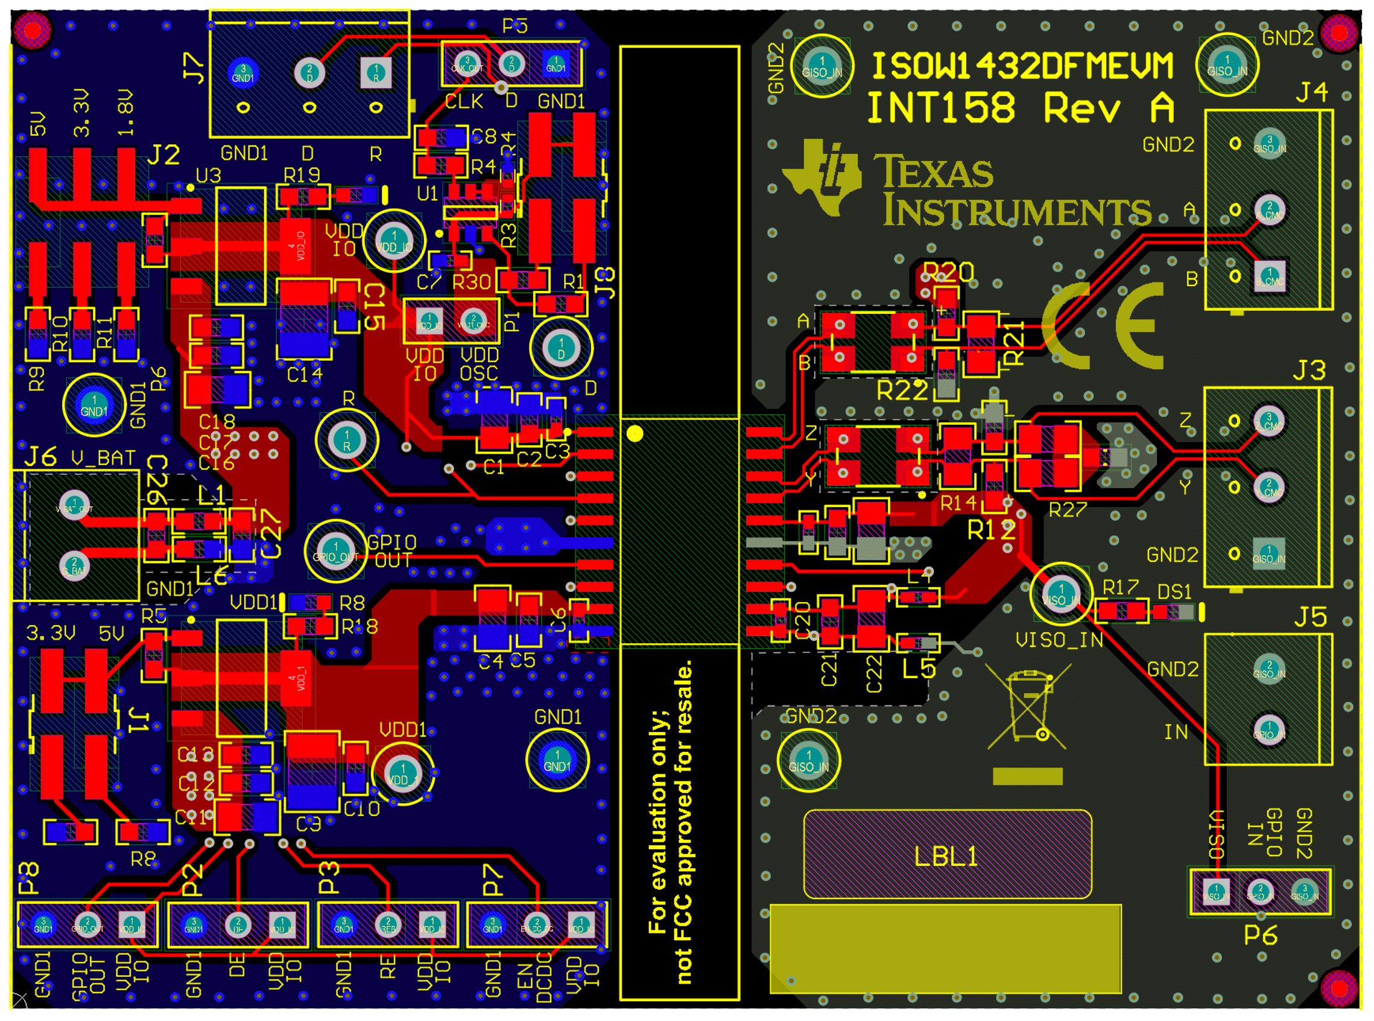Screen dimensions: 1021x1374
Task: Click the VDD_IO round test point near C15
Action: click(x=394, y=241)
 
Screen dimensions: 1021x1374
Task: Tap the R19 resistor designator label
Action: click(x=302, y=176)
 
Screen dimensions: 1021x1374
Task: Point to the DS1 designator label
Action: click(x=1174, y=593)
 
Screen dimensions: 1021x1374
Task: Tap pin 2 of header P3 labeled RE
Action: click(x=388, y=924)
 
